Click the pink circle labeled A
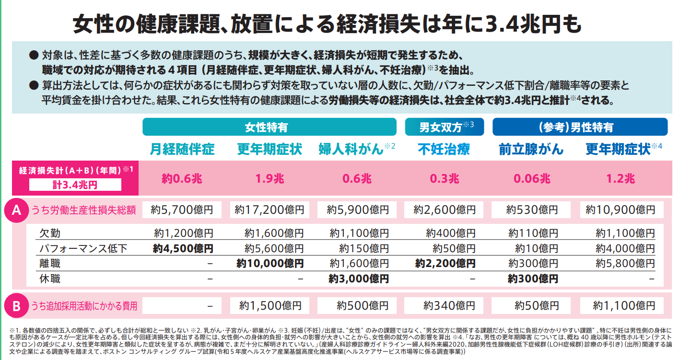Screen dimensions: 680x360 point(16,210)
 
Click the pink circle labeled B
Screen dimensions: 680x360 point(16,305)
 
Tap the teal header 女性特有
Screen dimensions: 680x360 point(270,127)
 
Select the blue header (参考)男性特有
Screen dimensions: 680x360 point(580,127)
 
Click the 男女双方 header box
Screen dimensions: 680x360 point(445,127)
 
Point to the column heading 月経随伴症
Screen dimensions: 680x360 point(182,150)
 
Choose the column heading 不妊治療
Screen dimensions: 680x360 point(444,150)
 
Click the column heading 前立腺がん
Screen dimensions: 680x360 point(531,150)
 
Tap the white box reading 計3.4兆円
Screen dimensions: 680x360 point(75,185)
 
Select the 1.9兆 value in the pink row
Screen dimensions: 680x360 point(270,178)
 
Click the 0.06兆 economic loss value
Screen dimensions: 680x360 point(532,178)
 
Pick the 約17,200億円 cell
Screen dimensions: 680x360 point(270,210)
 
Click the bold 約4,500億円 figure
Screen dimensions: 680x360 point(183,249)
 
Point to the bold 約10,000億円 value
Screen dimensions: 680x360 point(270,264)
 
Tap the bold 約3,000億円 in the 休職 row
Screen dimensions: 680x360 point(359,279)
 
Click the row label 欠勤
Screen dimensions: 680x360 point(50,233)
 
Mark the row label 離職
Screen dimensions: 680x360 point(50,264)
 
